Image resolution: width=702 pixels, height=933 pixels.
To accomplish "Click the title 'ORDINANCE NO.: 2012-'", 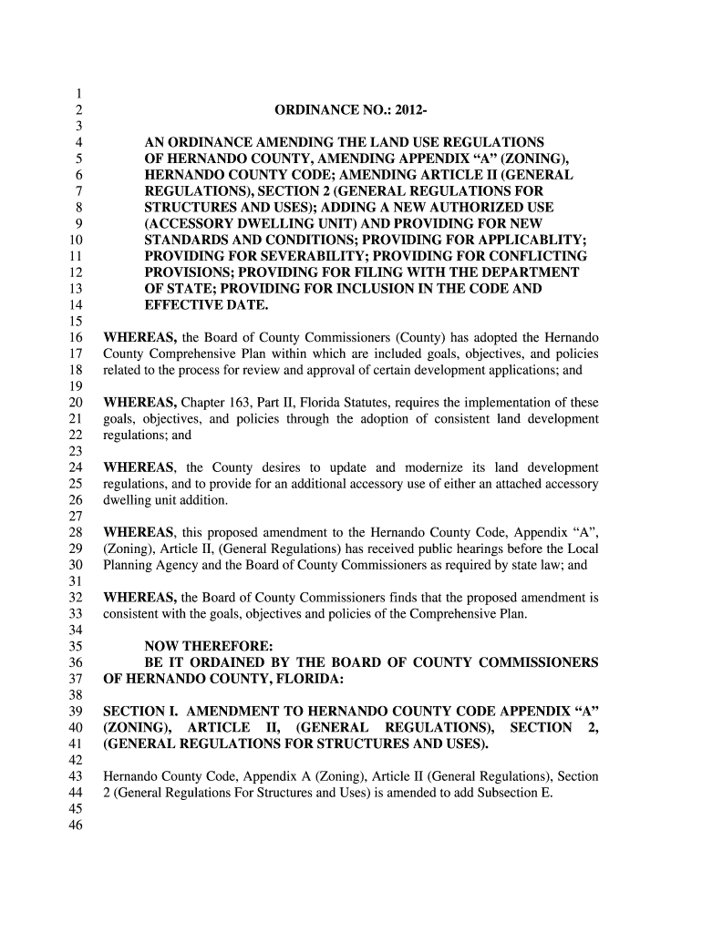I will tap(351, 111).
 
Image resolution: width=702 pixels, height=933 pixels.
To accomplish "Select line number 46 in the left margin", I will tap(76, 826).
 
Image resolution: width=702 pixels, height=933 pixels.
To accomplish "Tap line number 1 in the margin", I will tap(80, 94).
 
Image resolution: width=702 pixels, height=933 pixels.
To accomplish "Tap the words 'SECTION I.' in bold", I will tap(140, 711).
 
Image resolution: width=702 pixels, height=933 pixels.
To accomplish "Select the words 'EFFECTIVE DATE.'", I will tap(207, 305).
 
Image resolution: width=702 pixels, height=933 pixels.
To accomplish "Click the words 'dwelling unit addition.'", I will tap(165, 501).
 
